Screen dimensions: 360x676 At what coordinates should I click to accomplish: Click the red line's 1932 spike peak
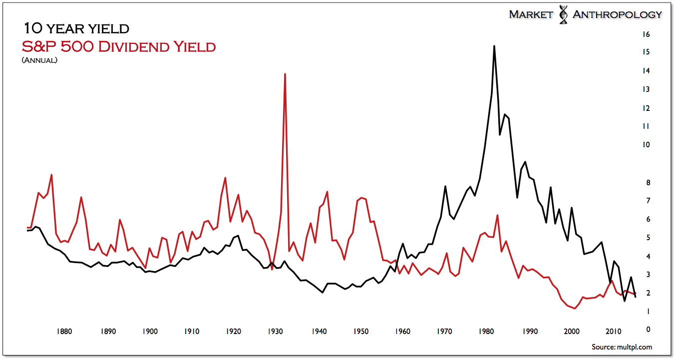(x=285, y=74)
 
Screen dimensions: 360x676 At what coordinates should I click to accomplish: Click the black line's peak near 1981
(x=494, y=46)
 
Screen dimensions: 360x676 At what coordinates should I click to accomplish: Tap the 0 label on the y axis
(x=648, y=330)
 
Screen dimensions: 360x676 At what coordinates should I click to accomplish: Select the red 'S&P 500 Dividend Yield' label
(x=119, y=47)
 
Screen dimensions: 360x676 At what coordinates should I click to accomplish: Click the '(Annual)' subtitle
(x=39, y=60)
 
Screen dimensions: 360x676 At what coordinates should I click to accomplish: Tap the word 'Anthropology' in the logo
(x=617, y=14)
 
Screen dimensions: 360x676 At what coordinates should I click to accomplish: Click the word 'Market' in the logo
(x=531, y=14)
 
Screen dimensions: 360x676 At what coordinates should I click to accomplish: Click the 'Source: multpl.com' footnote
(x=622, y=347)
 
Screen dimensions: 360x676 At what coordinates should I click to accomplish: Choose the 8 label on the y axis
(x=648, y=183)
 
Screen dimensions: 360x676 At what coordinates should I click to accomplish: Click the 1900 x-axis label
(x=150, y=331)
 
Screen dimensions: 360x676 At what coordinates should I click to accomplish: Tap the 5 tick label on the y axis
(x=648, y=238)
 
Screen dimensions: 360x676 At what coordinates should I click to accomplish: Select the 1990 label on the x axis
(x=530, y=331)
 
